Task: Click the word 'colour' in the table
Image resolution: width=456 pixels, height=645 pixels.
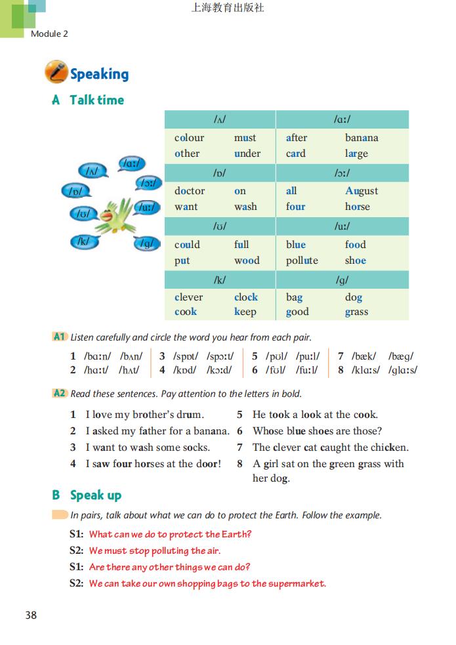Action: [189, 138]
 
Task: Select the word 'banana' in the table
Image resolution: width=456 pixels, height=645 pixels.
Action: [362, 138]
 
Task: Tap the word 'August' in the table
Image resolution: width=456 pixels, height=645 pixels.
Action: [362, 191]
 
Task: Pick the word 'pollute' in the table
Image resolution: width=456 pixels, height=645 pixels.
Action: [302, 260]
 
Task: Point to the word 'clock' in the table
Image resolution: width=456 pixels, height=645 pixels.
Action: [246, 297]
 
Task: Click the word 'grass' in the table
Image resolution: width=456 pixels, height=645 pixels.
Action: [356, 312]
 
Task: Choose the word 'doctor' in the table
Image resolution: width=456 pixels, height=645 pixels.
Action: [190, 191]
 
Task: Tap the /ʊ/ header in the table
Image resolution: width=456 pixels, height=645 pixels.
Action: [220, 226]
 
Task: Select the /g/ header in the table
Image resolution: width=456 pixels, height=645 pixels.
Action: [342, 280]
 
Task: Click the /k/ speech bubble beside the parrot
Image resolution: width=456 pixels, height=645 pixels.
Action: [83, 241]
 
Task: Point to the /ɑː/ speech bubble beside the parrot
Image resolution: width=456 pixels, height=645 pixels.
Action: [131, 163]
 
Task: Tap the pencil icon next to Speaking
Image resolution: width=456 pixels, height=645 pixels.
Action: [56, 72]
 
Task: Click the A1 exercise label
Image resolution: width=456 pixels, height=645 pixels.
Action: [60, 337]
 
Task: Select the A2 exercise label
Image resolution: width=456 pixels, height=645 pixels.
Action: [60, 394]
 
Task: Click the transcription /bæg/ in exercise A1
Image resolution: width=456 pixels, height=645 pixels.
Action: [400, 357]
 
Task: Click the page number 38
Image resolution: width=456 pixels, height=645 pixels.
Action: [31, 615]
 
